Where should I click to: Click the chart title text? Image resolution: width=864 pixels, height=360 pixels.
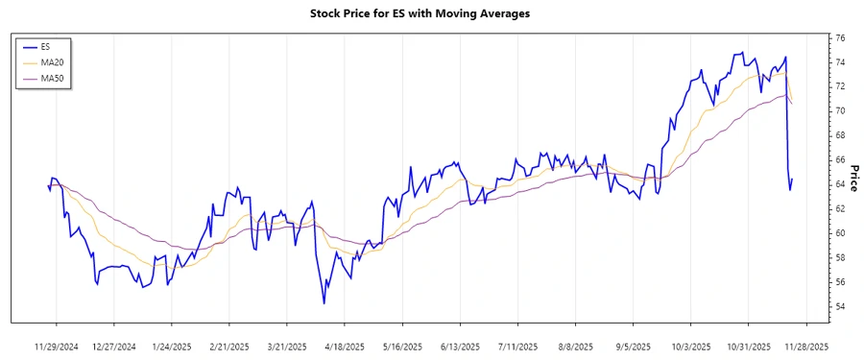click(433, 13)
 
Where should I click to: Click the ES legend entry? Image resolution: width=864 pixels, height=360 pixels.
click(46, 46)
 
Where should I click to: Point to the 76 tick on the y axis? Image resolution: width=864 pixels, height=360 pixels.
click(840, 37)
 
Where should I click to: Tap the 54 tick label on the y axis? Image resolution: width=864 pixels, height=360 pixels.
click(840, 306)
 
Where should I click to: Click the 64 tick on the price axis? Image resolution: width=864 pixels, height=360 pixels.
click(840, 184)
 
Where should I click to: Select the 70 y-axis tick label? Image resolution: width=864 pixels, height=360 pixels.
click(840, 111)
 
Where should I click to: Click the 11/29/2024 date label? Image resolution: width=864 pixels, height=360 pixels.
click(57, 347)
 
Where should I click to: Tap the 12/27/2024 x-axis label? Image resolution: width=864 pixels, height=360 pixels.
click(115, 347)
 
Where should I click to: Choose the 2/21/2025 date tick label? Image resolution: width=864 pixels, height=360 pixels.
click(229, 347)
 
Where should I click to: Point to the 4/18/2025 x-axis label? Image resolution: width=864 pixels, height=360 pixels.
click(344, 347)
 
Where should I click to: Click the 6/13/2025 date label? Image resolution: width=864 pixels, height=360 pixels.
click(459, 347)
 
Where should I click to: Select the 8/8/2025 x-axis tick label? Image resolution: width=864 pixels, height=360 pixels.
click(573, 347)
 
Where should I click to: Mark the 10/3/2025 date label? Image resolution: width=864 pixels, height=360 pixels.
click(687, 347)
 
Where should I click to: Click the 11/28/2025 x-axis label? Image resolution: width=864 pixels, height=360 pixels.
click(803, 347)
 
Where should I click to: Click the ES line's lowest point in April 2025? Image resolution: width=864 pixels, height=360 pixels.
click(324, 303)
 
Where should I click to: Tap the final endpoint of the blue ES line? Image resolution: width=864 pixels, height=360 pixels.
click(792, 178)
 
